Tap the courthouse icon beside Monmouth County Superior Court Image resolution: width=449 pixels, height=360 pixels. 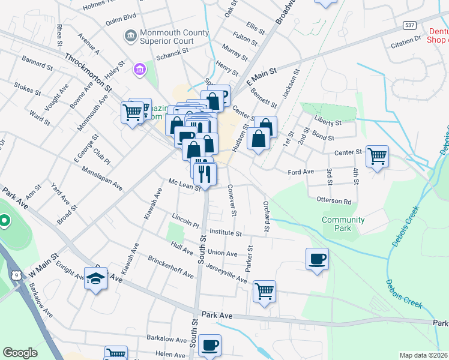pos(130,37)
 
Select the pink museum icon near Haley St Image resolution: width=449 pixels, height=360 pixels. pos(140,71)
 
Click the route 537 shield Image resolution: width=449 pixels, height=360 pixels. pos(410,26)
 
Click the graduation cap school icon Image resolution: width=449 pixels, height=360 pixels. pos(95,278)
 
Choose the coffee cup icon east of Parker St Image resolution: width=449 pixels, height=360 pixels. pos(317,259)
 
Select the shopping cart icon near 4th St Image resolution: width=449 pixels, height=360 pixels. pos(377,157)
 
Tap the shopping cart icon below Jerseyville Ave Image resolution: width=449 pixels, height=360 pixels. pos(264,292)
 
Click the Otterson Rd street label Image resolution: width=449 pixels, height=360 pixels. pos(329,199)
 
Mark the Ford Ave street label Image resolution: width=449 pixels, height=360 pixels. pos(301,172)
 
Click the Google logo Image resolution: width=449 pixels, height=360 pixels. pos(20,353)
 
